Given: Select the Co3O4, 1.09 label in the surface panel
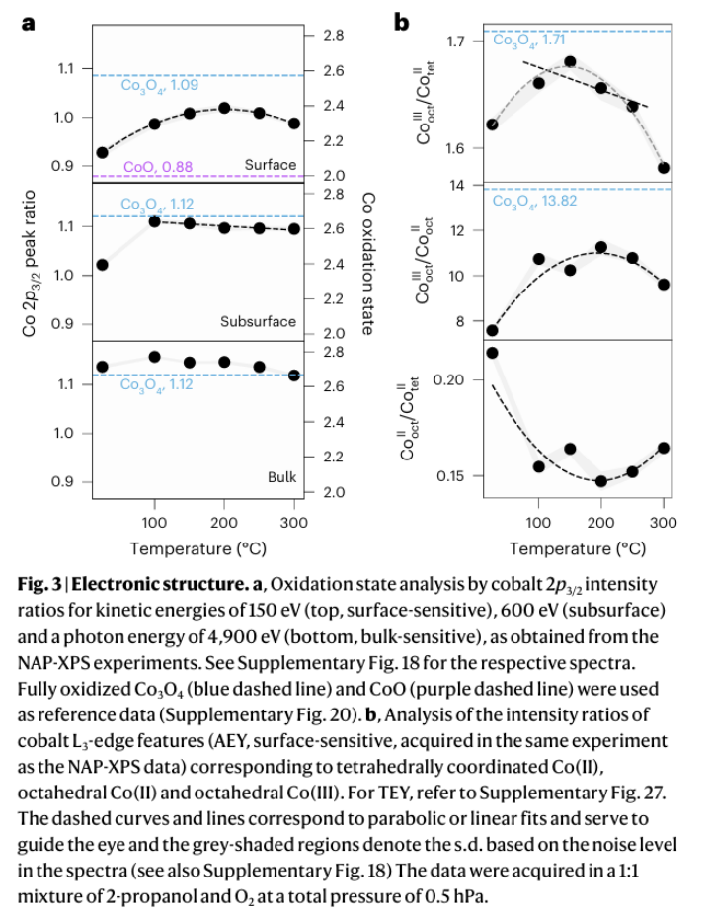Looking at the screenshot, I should [x=159, y=85].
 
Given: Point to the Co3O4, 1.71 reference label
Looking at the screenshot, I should [x=528, y=41].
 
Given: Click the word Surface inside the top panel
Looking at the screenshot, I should [x=270, y=164].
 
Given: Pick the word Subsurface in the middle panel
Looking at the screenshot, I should [x=258, y=321].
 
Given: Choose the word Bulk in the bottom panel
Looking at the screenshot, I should [x=281, y=477].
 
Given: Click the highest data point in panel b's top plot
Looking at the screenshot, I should [x=570, y=61].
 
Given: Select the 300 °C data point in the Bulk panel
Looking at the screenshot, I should [x=294, y=375].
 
